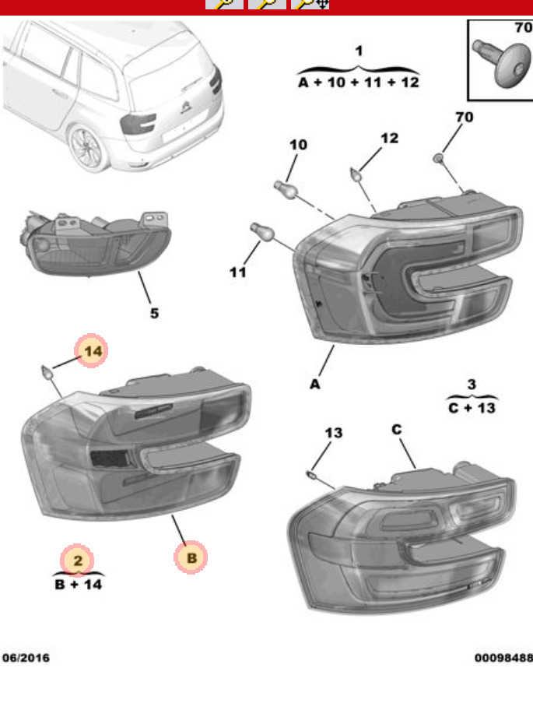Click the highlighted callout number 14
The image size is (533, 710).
[x=92, y=352]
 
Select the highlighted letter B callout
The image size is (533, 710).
[x=191, y=557]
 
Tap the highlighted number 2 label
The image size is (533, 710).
[x=78, y=559]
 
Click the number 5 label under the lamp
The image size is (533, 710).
[x=154, y=313]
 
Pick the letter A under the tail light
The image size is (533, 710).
[x=315, y=384]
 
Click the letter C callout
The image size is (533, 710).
[x=397, y=429]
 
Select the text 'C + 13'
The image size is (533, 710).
[x=472, y=407]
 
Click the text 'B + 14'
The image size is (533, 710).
[x=78, y=584]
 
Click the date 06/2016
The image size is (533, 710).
[x=25, y=658]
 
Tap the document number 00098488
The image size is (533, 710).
[x=503, y=658]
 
